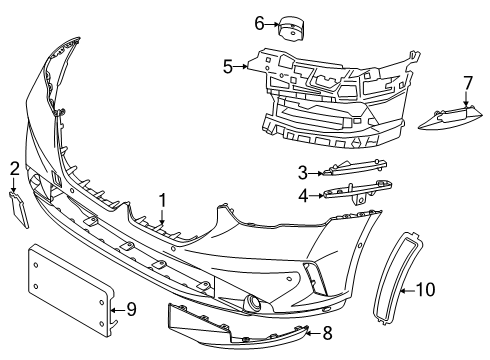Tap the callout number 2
pos(14,167)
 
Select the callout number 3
pos(303,171)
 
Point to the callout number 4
pos(303,196)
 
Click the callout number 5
pos(228,68)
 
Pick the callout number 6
pos(231,22)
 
